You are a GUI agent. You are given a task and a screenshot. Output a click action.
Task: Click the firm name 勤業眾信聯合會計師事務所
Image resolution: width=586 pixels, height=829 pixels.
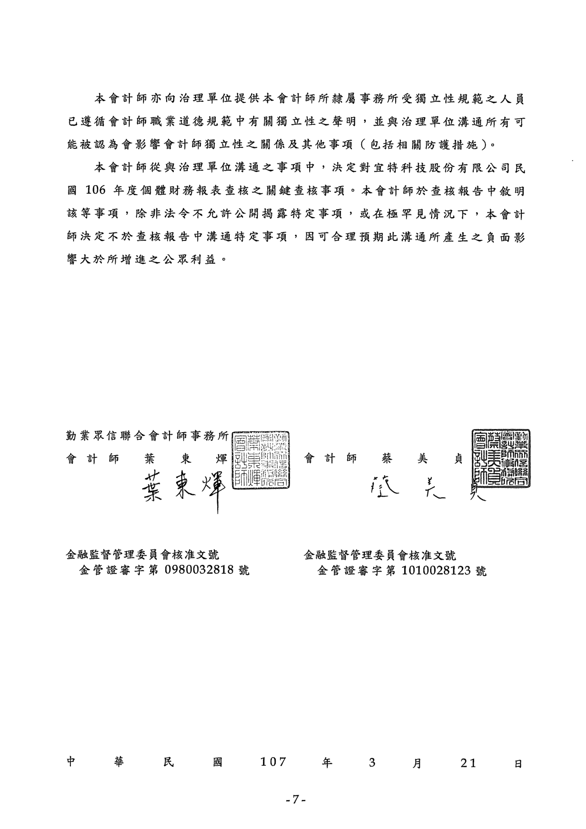(x=148, y=436)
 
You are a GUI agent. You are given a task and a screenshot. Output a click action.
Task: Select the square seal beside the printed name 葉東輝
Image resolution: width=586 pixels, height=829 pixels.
(x=262, y=460)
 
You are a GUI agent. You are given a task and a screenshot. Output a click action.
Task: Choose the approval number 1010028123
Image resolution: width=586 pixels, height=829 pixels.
(x=436, y=571)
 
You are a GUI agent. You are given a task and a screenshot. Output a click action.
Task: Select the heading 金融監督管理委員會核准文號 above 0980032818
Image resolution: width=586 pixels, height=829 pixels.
(x=143, y=554)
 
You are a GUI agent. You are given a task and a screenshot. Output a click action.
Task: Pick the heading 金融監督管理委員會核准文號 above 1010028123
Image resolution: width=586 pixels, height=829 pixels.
(x=381, y=554)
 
